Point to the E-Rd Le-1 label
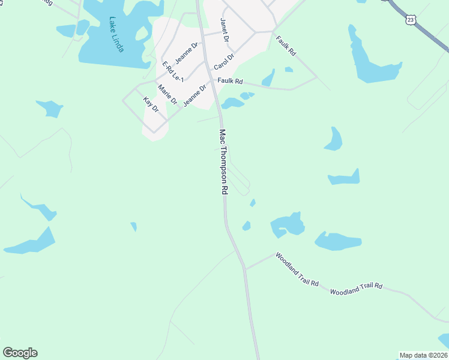coord(172,71)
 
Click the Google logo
coord(20,353)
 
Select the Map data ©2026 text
coord(423,355)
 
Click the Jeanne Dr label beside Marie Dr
coord(194,95)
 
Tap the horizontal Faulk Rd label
coord(230,81)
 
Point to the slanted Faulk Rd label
coord(286,46)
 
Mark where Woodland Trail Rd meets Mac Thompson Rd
coord(245,269)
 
